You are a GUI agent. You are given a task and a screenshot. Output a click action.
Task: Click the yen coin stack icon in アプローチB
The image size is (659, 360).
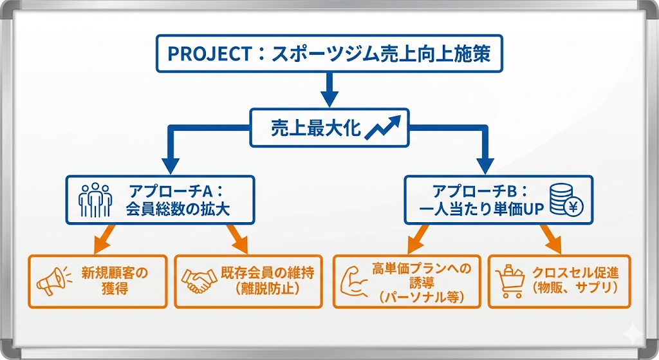(565, 200)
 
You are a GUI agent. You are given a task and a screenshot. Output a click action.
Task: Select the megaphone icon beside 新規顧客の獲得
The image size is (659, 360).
(51, 281)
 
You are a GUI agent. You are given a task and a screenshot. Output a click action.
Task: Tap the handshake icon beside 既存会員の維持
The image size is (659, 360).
(199, 280)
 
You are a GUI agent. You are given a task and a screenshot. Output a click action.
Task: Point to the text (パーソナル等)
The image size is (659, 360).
(422, 296)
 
